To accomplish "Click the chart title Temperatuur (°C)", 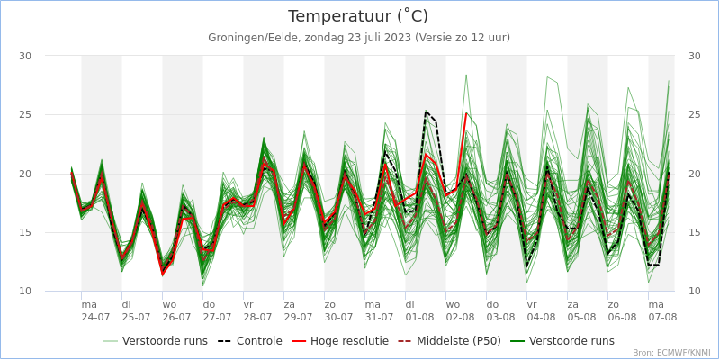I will tap(358, 16).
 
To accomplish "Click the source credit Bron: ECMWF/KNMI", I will tap(671, 353).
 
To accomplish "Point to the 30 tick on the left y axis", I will tap(25, 56).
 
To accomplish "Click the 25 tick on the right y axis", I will tap(694, 115).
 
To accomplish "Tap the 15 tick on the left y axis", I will tap(25, 232).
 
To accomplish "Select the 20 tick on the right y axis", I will tap(694, 174).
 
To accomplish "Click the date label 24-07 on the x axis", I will tap(95, 318).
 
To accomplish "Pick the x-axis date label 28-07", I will tap(257, 318).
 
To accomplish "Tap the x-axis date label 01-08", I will tap(419, 318).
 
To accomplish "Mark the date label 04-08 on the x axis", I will tap(541, 318).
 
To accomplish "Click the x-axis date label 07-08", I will tap(662, 318).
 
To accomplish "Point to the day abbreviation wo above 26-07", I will tap(169, 305).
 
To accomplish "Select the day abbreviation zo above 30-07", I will tap(330, 305).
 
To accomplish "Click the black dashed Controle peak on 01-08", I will tap(426, 112).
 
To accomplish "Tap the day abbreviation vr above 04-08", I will tap(532, 305).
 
